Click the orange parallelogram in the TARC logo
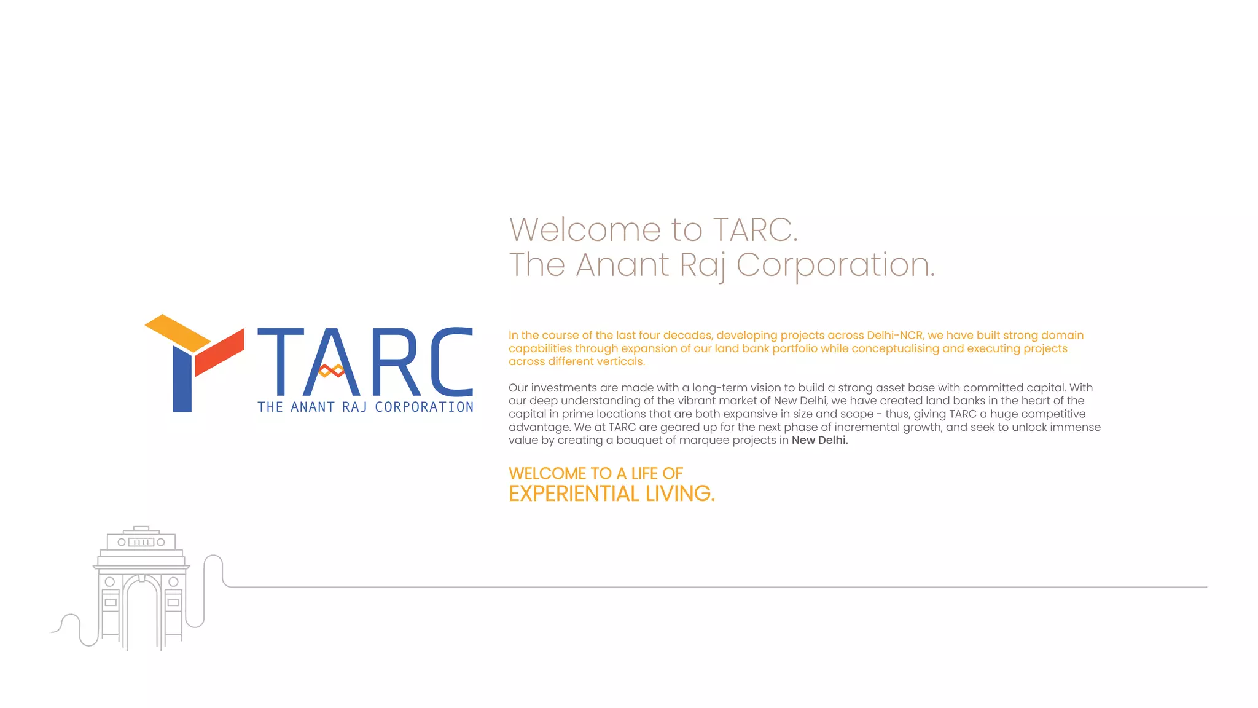pos(178,332)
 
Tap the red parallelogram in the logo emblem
pos(219,352)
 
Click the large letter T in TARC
pos(281,361)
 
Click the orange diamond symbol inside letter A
pos(332,370)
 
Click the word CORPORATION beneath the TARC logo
pos(424,407)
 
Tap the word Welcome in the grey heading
pos(585,230)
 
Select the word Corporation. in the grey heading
pos(835,265)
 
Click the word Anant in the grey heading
pos(622,265)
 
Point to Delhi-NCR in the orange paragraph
pos(894,335)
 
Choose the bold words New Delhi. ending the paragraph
pos(819,440)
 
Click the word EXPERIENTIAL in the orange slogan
pos(574,494)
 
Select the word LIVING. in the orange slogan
pos(680,494)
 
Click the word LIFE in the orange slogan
pos(644,473)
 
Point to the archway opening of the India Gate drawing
pos(142,615)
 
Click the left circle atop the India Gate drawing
pos(122,542)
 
